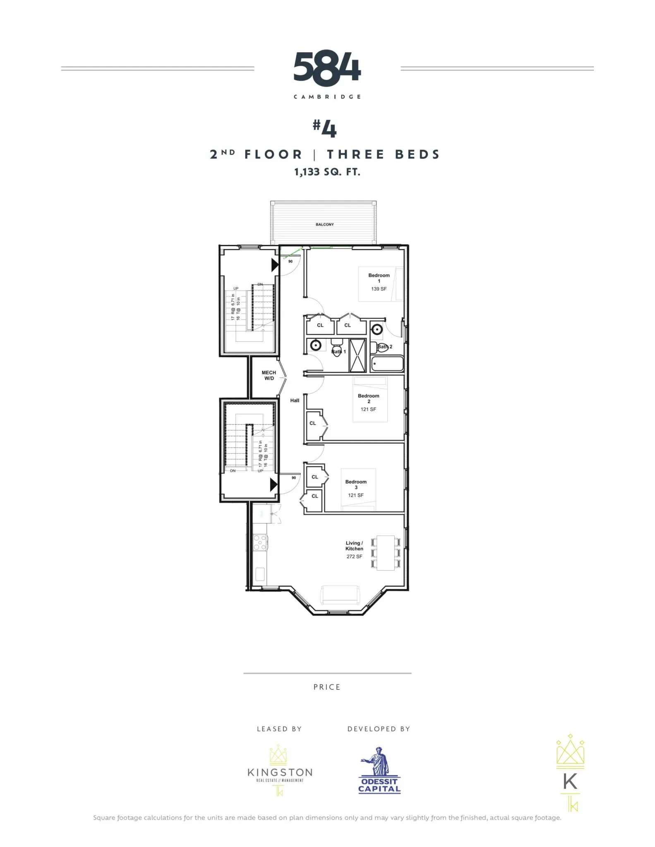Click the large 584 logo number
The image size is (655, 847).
pyautogui.click(x=327, y=69)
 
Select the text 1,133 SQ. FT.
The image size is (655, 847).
pyautogui.click(x=327, y=172)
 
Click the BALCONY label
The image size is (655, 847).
pyautogui.click(x=324, y=225)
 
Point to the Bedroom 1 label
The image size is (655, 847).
pyautogui.click(x=379, y=278)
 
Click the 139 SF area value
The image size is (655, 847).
pyautogui.click(x=379, y=289)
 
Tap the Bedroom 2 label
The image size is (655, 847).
pyautogui.click(x=368, y=398)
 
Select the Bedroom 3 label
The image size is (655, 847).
pyautogui.click(x=356, y=484)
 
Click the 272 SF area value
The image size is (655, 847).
pyautogui.click(x=354, y=557)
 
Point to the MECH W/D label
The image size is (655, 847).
pyautogui.click(x=269, y=376)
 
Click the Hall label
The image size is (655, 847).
pyautogui.click(x=295, y=400)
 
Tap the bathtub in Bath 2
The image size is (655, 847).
pyautogui.click(x=387, y=364)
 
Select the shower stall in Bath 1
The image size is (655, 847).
pyautogui.click(x=357, y=355)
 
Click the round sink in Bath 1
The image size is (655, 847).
pyautogui.click(x=316, y=345)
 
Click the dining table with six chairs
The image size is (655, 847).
pyautogui.click(x=386, y=553)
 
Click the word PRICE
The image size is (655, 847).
pyautogui.click(x=327, y=687)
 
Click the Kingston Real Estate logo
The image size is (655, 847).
pyautogui.click(x=280, y=771)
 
